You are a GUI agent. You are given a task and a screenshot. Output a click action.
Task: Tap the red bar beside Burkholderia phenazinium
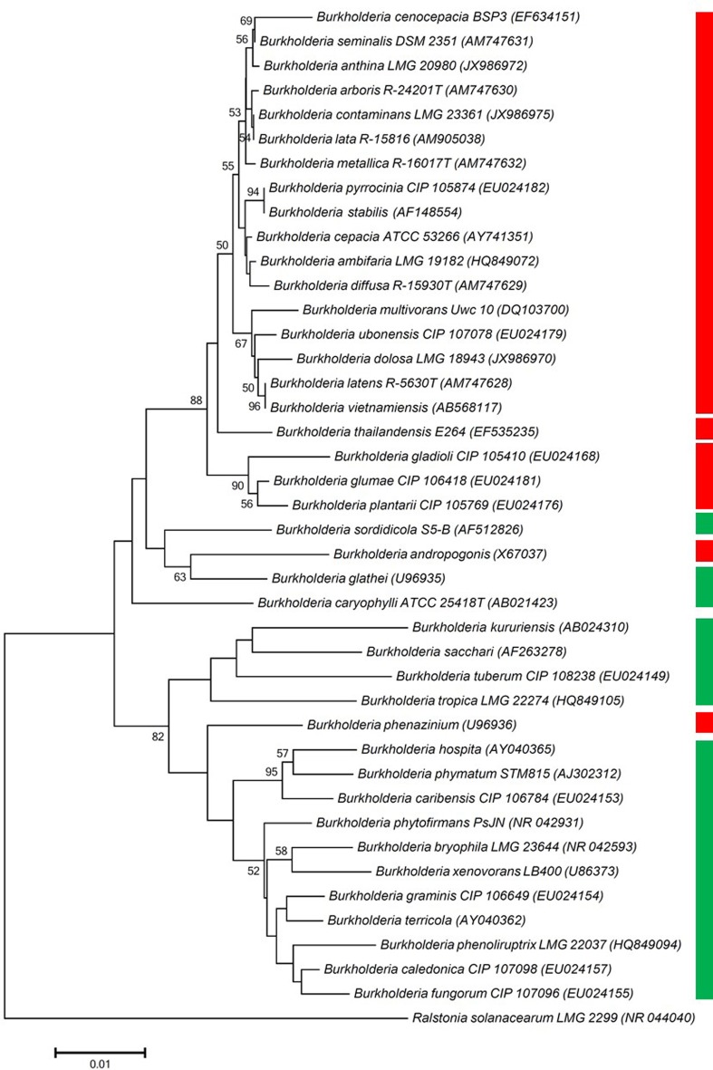coord(704,722)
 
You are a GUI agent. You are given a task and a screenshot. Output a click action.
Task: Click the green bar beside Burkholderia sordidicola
coord(704,523)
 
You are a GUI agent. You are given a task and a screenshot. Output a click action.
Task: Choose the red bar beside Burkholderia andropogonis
coord(704,550)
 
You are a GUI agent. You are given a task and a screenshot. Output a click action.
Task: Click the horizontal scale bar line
coord(100,1052)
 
